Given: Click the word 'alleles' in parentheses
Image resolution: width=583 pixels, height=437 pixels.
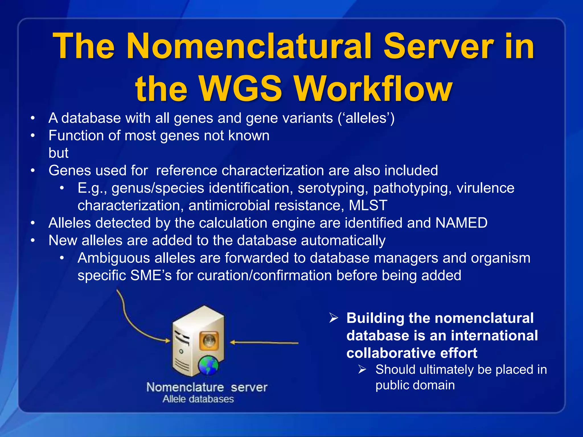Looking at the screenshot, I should click(x=366, y=118).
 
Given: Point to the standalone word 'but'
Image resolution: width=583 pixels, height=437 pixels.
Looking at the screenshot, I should click(x=58, y=153).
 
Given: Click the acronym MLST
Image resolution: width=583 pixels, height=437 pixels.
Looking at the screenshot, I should click(x=368, y=205).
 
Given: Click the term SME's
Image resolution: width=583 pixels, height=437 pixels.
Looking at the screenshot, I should click(x=151, y=275).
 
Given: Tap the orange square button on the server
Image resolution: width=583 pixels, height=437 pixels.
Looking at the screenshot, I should click(x=209, y=340).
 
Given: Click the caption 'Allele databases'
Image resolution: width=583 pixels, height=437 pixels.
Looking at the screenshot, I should click(x=198, y=399).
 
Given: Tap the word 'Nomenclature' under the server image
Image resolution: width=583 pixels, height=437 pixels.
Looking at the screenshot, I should click(x=185, y=387).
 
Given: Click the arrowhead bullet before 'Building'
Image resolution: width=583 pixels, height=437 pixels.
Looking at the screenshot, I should click(x=333, y=318).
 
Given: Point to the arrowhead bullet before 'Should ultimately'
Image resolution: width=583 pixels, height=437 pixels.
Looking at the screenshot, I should click(x=362, y=370).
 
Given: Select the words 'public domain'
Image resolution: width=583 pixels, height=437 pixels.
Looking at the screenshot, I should click(x=415, y=385).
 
